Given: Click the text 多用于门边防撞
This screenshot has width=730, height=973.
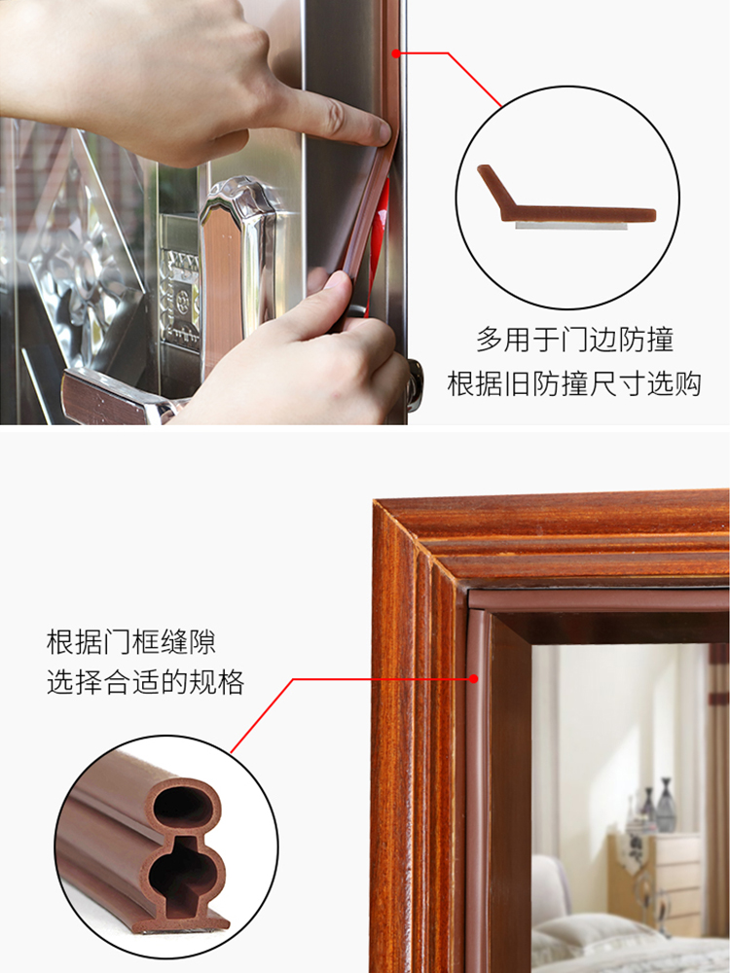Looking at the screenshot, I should tap(574, 340).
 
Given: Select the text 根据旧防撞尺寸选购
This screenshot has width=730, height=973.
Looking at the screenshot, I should tap(574, 383).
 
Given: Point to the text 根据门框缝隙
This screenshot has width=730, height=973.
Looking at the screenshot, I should tap(131, 642).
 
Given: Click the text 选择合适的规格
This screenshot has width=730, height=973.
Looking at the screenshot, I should tap(145, 682).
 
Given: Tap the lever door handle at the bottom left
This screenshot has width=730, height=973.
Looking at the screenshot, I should tap(107, 394).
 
